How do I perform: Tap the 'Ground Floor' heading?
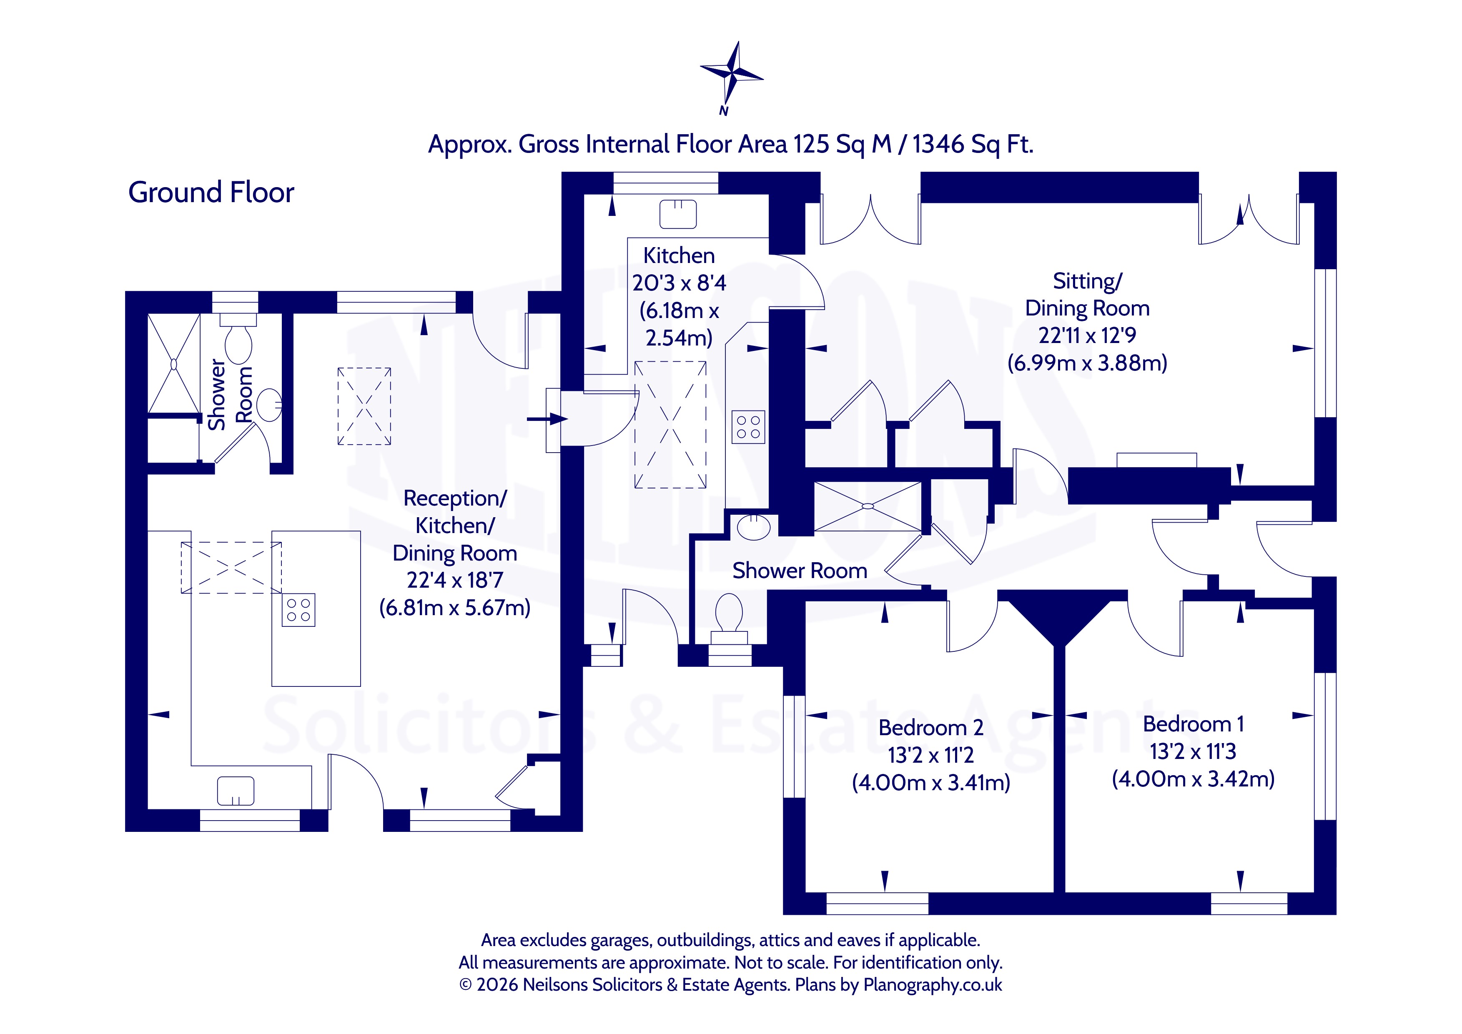click(211, 192)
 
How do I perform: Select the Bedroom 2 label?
click(931, 728)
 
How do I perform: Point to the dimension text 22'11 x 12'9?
click(1087, 335)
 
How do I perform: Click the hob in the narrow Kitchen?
click(748, 427)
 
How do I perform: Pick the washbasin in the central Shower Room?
click(754, 527)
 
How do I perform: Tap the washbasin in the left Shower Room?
click(271, 405)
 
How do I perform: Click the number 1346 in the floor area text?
click(938, 145)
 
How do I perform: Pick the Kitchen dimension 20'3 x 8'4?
click(679, 283)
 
